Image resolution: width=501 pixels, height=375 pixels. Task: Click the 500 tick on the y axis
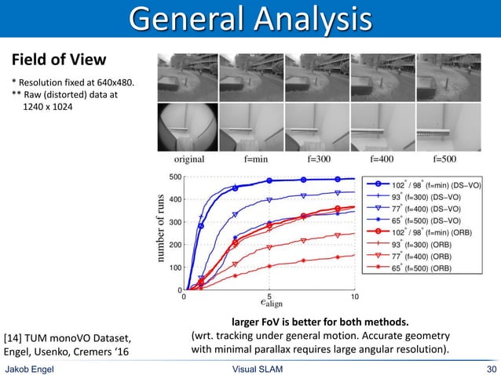(x=175, y=177)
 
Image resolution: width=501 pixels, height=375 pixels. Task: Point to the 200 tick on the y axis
(x=175, y=245)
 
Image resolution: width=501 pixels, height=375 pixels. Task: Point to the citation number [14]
(x=15, y=338)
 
